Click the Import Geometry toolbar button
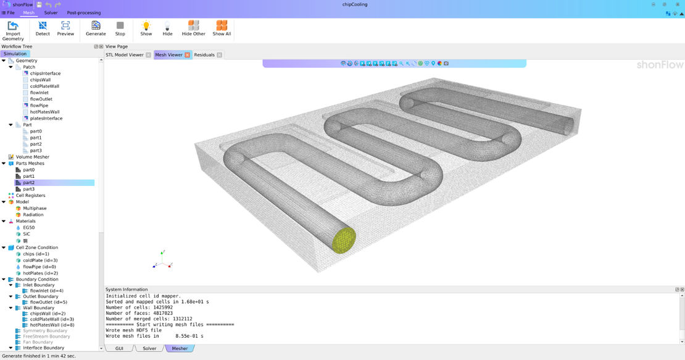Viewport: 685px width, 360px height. [13, 30]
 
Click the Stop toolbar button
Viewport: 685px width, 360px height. [120, 28]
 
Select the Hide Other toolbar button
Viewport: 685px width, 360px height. [193, 28]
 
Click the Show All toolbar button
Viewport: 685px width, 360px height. [222, 28]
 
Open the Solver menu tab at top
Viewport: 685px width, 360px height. [51, 12]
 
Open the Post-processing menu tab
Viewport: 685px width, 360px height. [83, 12]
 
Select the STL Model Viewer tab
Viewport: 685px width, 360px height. [125, 55]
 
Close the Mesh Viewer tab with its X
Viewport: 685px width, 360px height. [188, 55]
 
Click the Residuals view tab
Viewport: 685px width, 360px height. [204, 55]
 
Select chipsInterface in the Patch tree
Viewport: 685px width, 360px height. [45, 73]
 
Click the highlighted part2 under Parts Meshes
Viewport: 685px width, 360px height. [29, 183]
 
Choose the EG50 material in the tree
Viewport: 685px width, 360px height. [28, 228]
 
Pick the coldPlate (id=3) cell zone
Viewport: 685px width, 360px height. [40, 261]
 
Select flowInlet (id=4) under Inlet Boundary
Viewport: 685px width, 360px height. [46, 291]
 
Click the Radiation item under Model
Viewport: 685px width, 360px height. [33, 215]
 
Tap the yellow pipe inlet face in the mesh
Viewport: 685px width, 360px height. [343, 240]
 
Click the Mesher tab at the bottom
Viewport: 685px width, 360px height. [180, 348]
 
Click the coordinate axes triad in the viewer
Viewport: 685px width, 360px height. [162, 260]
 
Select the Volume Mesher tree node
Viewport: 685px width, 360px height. [32, 157]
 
